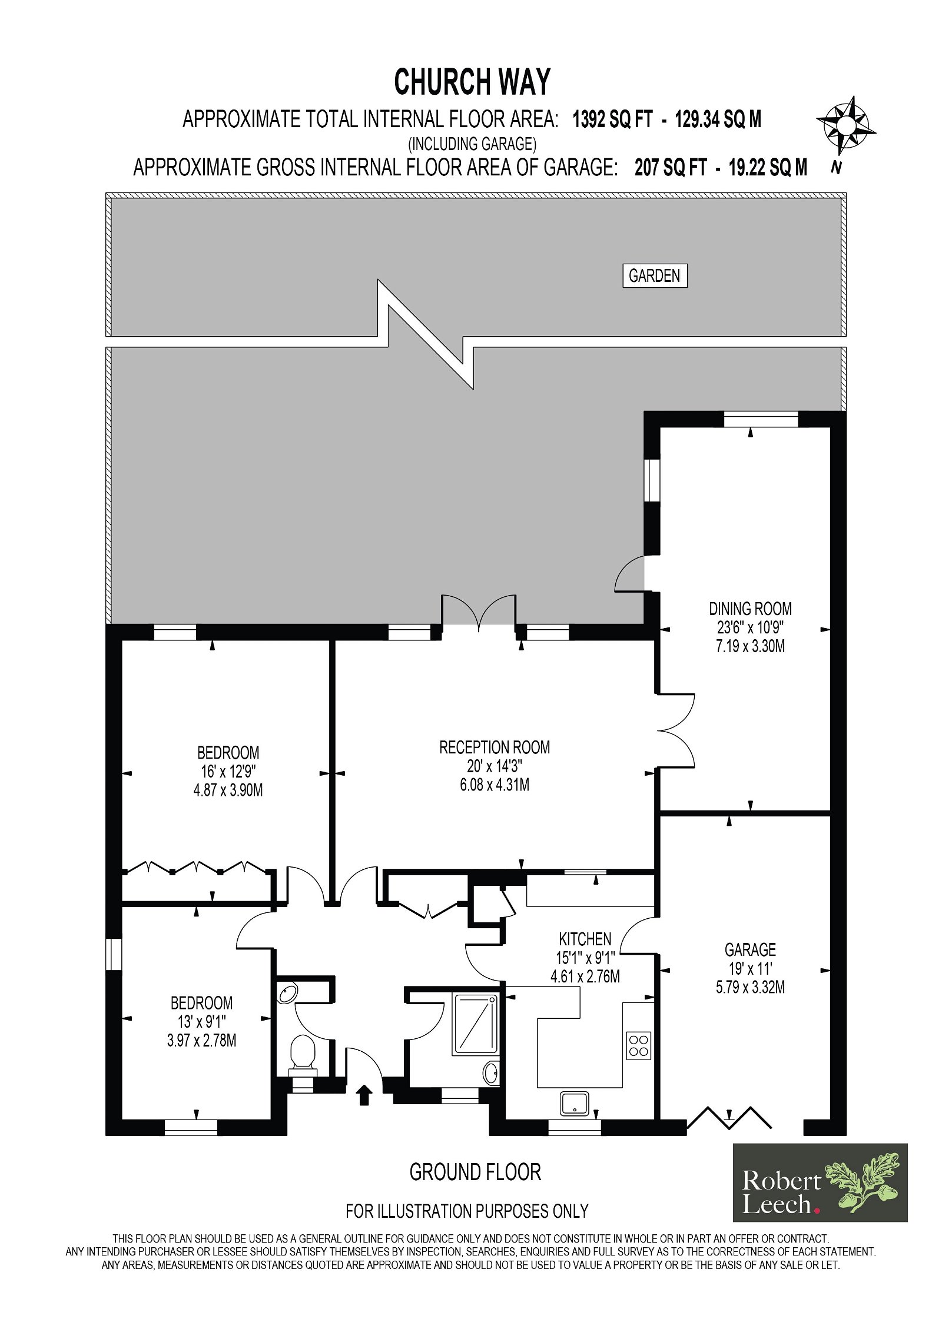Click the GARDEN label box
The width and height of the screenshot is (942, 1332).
click(655, 275)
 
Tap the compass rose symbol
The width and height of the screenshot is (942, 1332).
click(845, 125)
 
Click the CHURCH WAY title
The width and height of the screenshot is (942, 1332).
click(472, 82)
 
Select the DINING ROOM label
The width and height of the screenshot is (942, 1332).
click(750, 608)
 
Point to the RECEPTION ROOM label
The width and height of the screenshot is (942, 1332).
click(495, 747)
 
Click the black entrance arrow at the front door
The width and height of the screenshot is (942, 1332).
click(364, 1094)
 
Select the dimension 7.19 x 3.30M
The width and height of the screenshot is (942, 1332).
click(750, 646)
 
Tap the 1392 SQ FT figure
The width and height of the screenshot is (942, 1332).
click(613, 119)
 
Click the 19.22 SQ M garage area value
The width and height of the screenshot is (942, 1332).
click(768, 168)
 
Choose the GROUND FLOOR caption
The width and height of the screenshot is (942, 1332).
click(475, 1172)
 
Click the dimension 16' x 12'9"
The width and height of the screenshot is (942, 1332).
click(228, 771)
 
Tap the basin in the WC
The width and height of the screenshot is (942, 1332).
click(288, 993)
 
